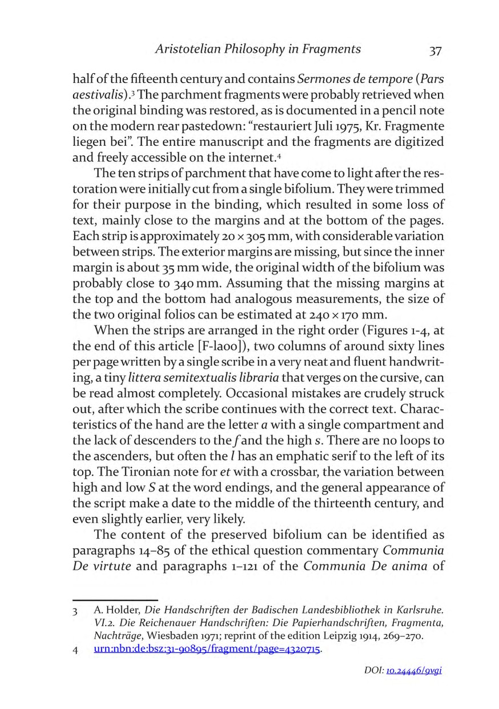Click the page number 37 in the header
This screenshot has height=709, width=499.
[435, 51]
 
